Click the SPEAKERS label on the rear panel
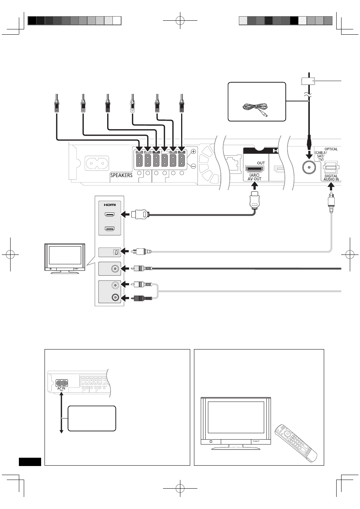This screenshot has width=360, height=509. [x=121, y=175]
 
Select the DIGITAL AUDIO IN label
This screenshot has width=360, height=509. [x=331, y=178]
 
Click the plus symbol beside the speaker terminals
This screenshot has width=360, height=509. [x=193, y=151]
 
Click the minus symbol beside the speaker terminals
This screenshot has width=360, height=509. [x=193, y=166]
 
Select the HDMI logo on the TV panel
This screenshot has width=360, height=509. [x=110, y=205]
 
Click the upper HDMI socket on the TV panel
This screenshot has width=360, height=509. [x=109, y=214]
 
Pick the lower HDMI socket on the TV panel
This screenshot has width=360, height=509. [x=109, y=228]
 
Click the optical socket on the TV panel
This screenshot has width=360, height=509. [x=116, y=252]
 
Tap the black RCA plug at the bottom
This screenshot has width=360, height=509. [x=141, y=298]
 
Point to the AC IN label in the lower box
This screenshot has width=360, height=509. [x=61, y=388]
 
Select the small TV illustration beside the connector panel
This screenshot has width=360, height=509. [x=65, y=259]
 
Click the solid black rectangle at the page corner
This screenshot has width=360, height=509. [x=30, y=462]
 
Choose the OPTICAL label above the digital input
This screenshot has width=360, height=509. [x=331, y=149]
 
